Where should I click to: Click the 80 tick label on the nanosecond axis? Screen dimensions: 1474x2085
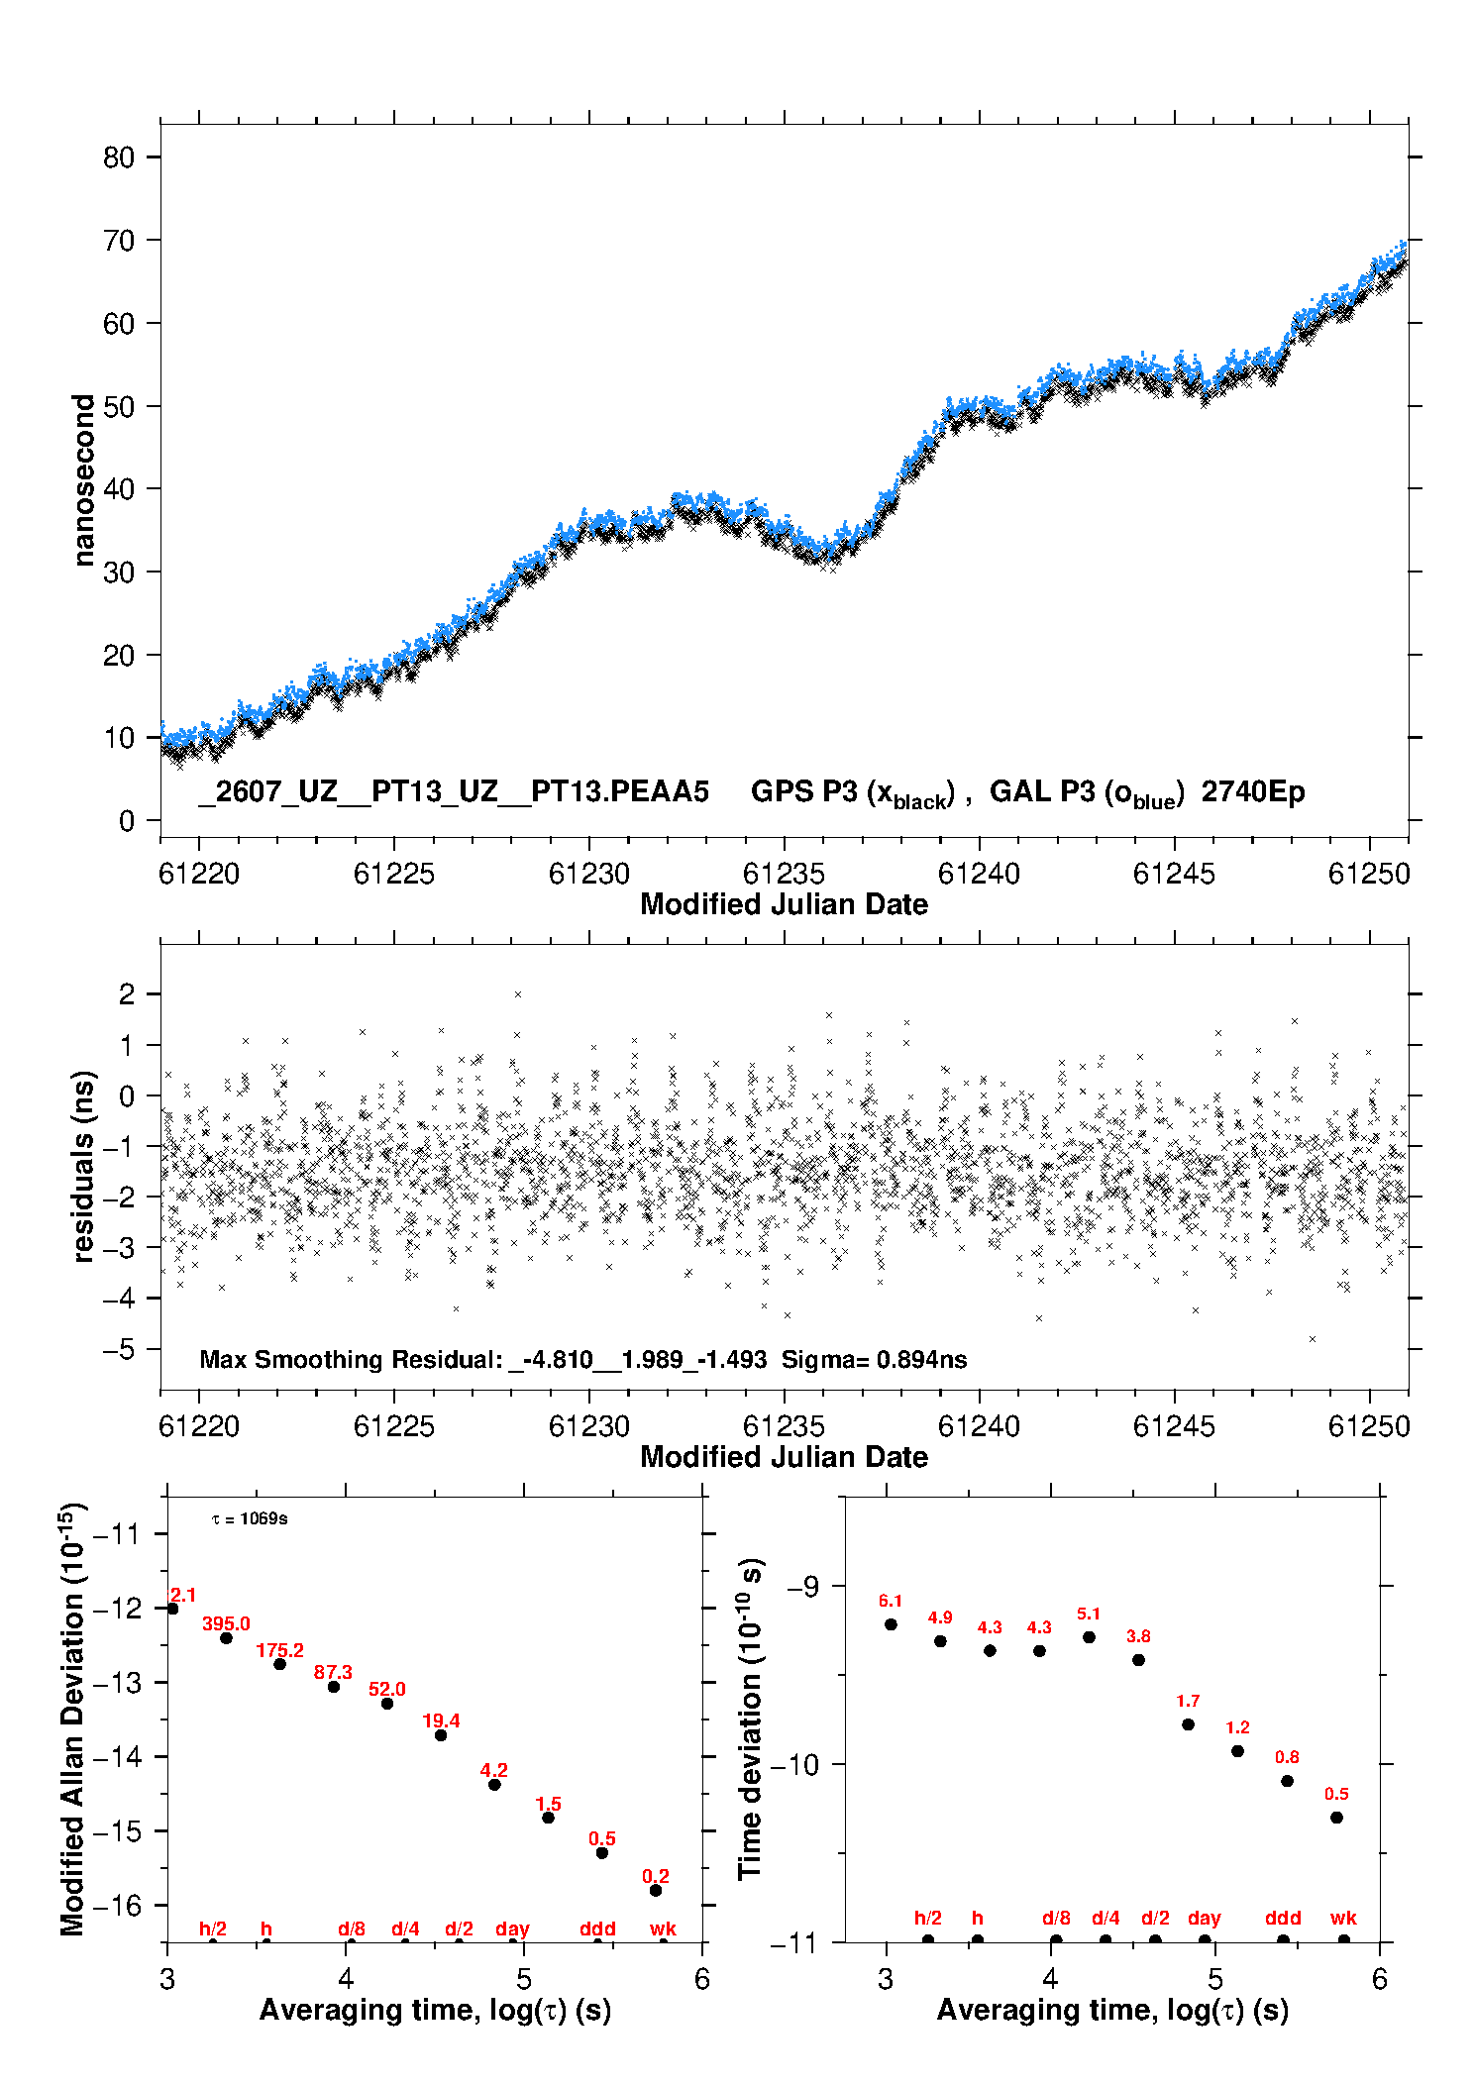119,157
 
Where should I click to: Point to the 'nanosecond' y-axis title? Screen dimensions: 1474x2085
84,479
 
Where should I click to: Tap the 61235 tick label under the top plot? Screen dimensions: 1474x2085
784,874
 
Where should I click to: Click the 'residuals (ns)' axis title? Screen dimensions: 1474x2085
84,1166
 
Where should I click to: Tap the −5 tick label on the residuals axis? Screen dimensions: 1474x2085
119,1349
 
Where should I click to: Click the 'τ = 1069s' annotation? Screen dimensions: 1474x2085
250,1519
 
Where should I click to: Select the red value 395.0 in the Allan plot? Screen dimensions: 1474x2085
226,1623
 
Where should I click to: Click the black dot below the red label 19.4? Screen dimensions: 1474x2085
441,1735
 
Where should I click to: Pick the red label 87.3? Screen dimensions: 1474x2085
333,1672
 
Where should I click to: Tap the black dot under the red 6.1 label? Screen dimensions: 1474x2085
891,1624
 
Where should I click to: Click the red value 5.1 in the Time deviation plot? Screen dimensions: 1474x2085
1089,1614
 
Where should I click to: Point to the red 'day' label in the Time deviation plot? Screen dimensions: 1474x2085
1205,1918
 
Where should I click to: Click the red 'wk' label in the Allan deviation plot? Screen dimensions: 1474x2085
663,1929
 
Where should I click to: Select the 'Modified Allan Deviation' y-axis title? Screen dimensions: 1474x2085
74,1719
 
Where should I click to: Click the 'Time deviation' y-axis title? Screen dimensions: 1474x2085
752,1719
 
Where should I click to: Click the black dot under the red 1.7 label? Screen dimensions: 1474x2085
1188,1724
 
